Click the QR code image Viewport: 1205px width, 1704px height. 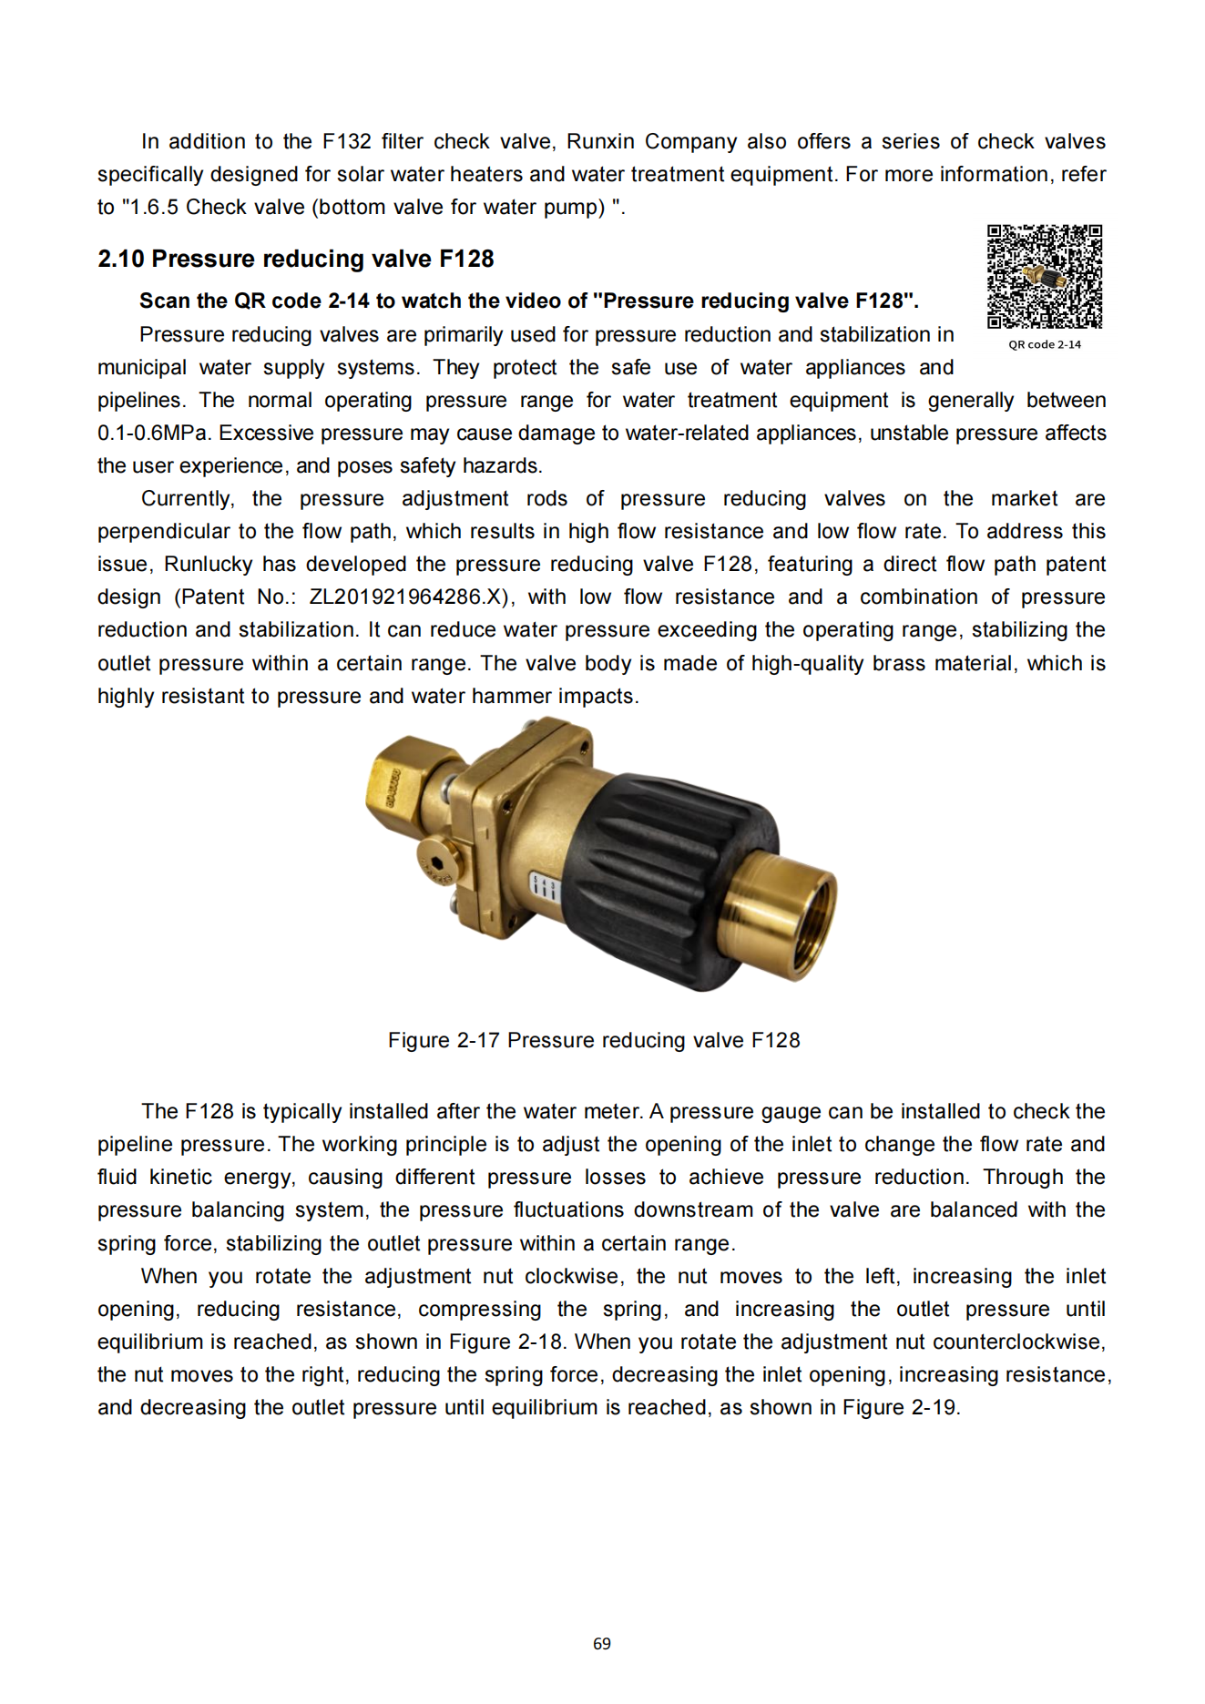[x=1045, y=277]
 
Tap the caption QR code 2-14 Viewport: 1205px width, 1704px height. [x=1045, y=344]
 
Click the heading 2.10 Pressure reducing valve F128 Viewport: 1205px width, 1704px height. [x=295, y=259]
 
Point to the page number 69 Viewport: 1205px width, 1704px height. [x=602, y=1643]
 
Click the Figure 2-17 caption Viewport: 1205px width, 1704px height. [x=594, y=1040]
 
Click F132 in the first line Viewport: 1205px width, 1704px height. [x=346, y=141]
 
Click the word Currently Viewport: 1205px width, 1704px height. [x=187, y=498]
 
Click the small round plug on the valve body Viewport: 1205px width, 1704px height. [x=436, y=862]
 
